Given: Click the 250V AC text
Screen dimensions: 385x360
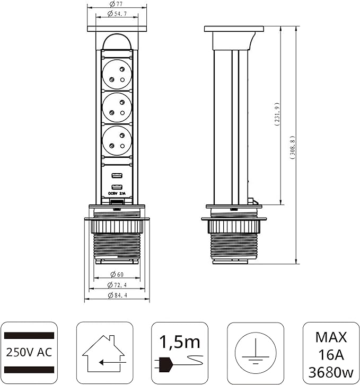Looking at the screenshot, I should tap(30, 352).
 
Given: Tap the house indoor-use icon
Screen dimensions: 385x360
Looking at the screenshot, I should tap(104, 352).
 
